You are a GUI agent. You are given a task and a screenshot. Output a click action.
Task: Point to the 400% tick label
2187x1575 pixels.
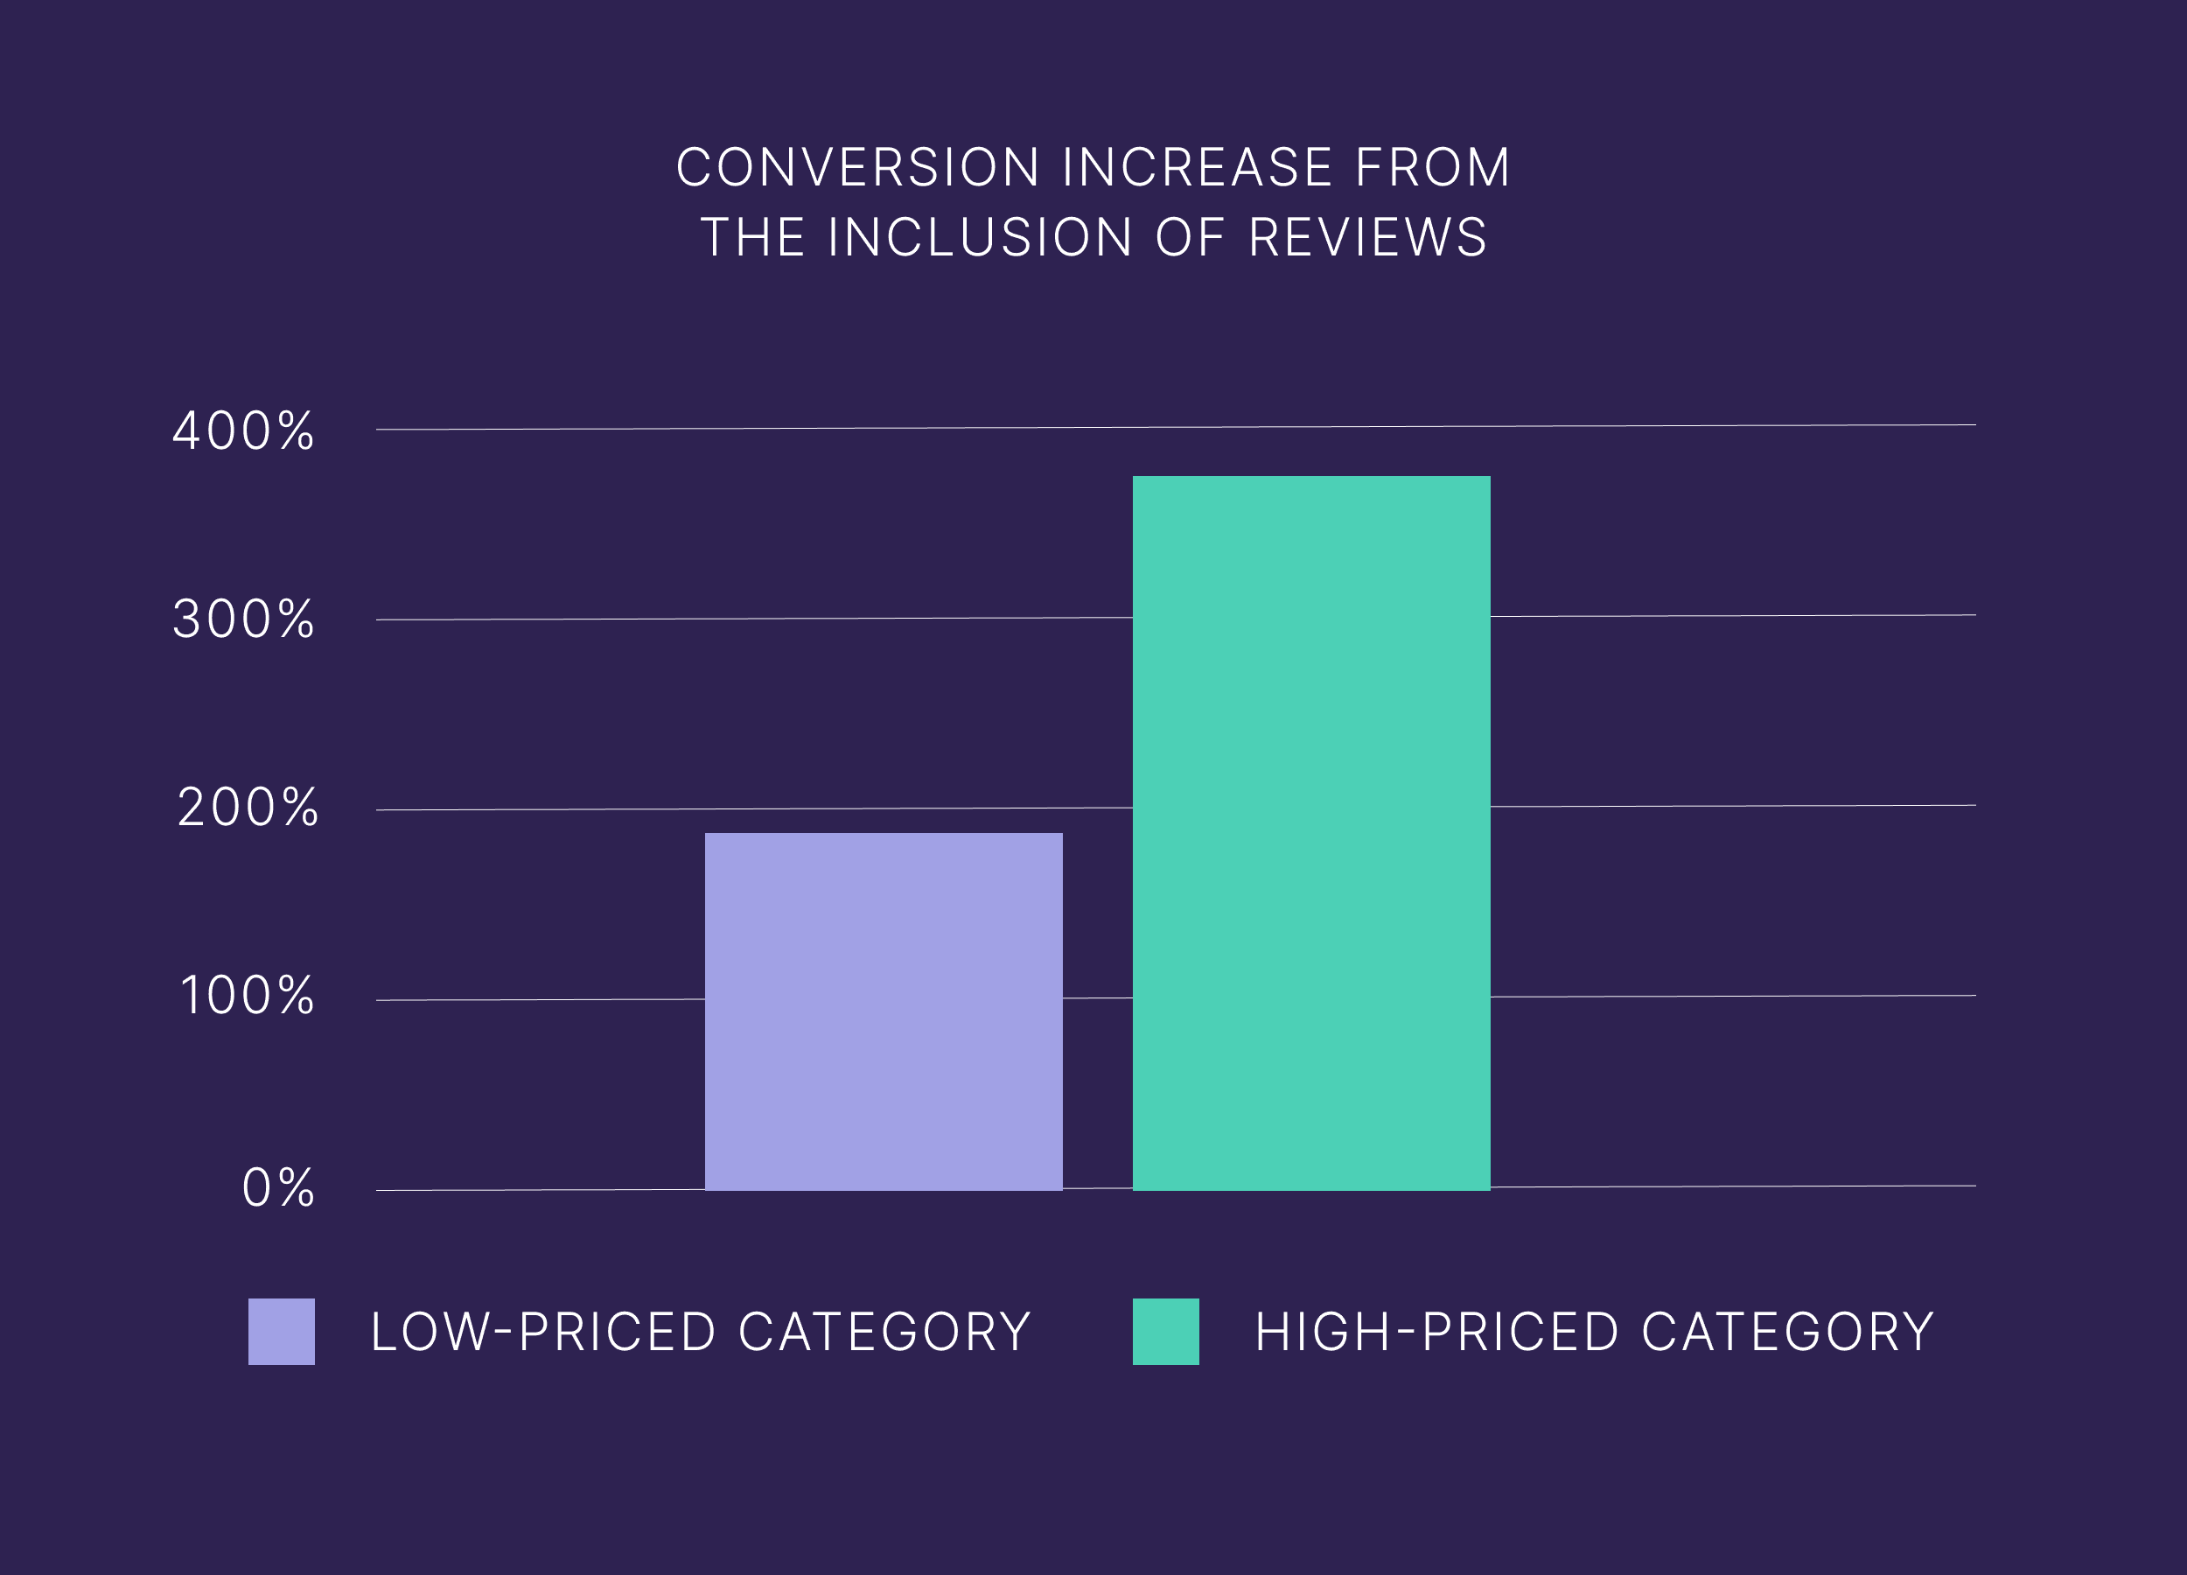[243, 431]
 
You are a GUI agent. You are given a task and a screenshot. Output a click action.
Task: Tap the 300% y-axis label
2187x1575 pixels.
[243, 619]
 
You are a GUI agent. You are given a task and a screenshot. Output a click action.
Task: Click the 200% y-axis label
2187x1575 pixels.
[247, 808]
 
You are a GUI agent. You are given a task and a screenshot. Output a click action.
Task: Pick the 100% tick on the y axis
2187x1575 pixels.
[247, 996]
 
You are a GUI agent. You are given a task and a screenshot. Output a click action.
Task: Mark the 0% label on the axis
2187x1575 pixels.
[277, 1187]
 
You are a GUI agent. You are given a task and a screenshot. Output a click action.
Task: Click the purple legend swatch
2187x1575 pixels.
[282, 1331]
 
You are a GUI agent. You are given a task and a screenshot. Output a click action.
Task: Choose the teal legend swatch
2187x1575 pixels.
[1166, 1331]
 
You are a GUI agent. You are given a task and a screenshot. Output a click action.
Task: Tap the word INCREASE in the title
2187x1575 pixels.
[1198, 168]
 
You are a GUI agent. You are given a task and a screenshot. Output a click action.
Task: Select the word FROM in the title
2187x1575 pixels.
[1432, 168]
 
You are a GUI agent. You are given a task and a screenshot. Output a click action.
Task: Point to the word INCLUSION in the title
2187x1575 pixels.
[980, 237]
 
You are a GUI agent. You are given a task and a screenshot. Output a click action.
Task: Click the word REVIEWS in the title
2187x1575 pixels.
[1368, 237]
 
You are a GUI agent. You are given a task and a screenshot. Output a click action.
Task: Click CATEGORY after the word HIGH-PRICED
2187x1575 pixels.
[1788, 1332]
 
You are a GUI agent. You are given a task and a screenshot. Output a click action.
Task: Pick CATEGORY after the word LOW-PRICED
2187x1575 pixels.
[884, 1332]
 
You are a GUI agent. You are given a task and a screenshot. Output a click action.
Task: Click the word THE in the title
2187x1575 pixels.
[753, 237]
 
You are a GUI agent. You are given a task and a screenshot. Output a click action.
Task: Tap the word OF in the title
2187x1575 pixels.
[1190, 237]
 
